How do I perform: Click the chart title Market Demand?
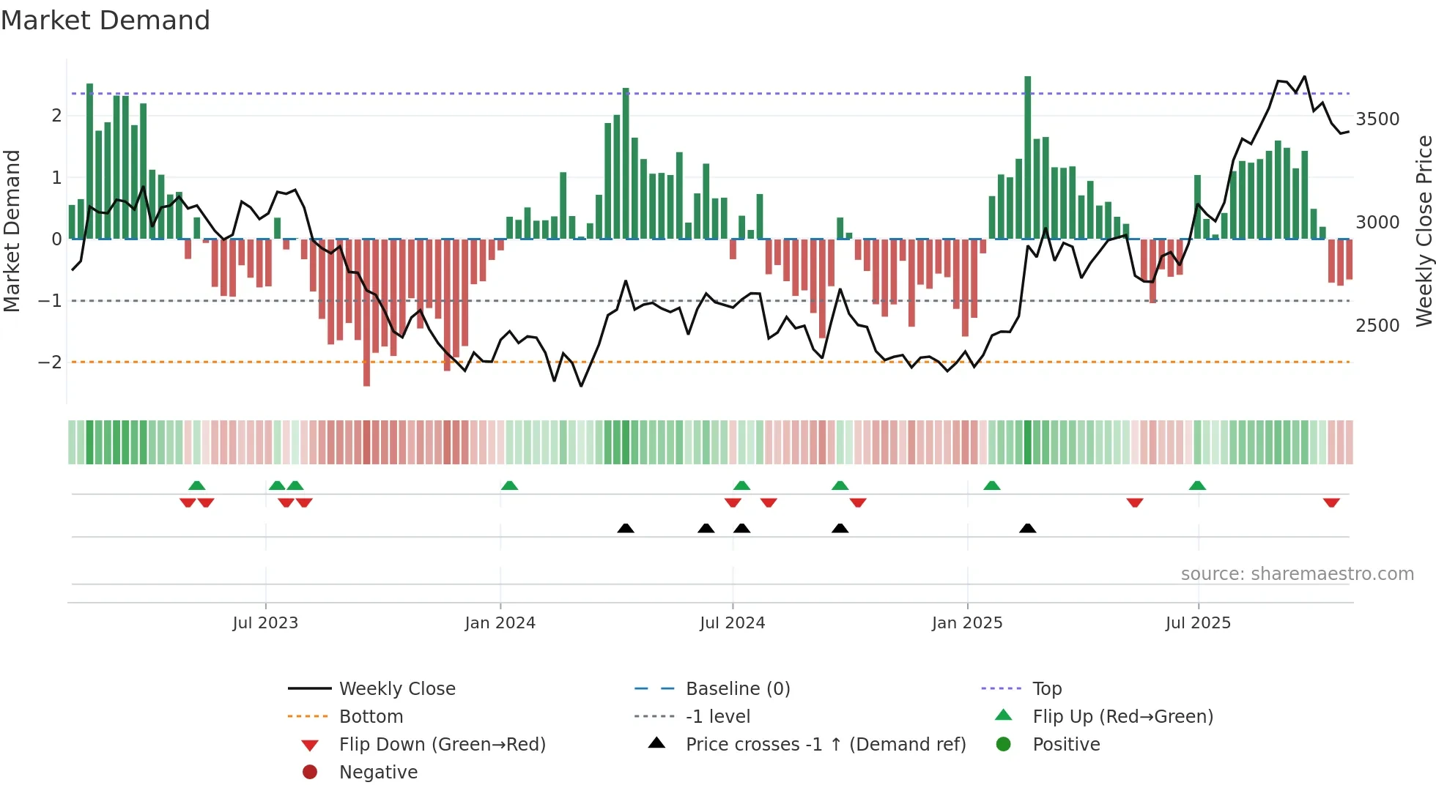tap(106, 21)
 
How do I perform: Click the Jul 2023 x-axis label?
tap(265, 623)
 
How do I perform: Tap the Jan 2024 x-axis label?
tap(500, 623)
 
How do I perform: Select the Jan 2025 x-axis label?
tap(966, 623)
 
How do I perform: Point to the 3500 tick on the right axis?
tap(1377, 119)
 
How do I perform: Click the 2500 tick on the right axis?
tap(1377, 326)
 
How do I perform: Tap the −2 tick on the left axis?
tap(50, 362)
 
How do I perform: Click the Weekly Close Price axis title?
tap(1424, 231)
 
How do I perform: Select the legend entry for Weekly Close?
tap(396, 689)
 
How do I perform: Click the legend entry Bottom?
tap(371, 717)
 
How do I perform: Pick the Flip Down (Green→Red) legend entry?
tap(442, 745)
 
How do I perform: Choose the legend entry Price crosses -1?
tap(825, 745)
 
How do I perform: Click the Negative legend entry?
tap(378, 773)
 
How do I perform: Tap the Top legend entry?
tap(1046, 689)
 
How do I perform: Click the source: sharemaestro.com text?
tap(1297, 574)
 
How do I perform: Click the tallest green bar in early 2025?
tap(1027, 157)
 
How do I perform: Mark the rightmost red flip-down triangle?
tap(1331, 502)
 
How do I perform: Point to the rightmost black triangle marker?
tap(1027, 529)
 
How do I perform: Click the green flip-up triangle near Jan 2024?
tap(509, 486)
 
